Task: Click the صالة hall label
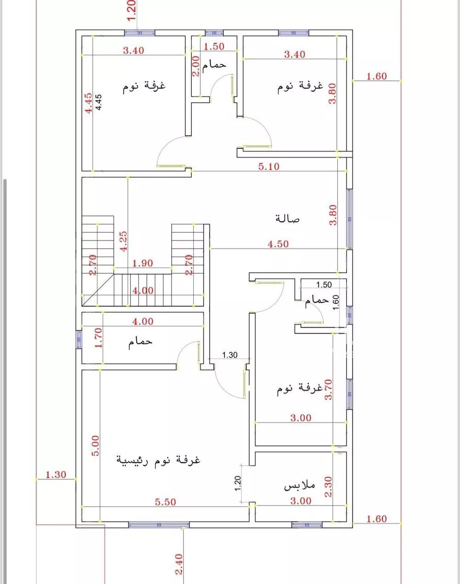point(287,219)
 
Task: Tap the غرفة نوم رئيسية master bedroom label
point(158,459)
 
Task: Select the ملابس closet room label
point(299,485)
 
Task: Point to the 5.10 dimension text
point(269,166)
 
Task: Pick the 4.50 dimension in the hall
point(278,244)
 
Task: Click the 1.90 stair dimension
point(143,264)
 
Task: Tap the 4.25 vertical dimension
point(123,242)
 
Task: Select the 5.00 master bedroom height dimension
point(95,446)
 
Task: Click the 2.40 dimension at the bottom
point(179,564)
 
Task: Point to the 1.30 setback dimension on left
point(56,475)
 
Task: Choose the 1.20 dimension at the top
point(132,10)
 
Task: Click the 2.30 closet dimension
point(328,487)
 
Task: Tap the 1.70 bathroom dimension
point(98,338)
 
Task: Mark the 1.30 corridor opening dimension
point(230,355)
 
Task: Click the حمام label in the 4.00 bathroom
point(141,342)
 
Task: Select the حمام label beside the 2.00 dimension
point(215,64)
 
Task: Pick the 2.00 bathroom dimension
point(195,66)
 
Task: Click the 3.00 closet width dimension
point(301,501)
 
